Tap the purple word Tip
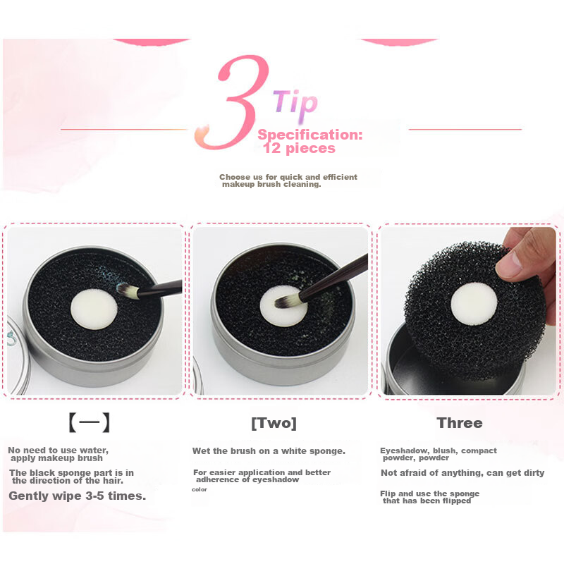[x=295, y=103]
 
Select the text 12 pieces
[x=299, y=148]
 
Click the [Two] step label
[x=274, y=423]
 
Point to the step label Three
[x=460, y=423]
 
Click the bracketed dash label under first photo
[x=89, y=422]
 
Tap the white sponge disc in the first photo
[x=94, y=310]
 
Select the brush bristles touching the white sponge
[x=287, y=301]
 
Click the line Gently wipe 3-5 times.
[x=78, y=496]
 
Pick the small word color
[x=200, y=489]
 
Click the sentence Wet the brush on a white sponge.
[x=269, y=451]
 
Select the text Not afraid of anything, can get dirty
[x=462, y=473]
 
